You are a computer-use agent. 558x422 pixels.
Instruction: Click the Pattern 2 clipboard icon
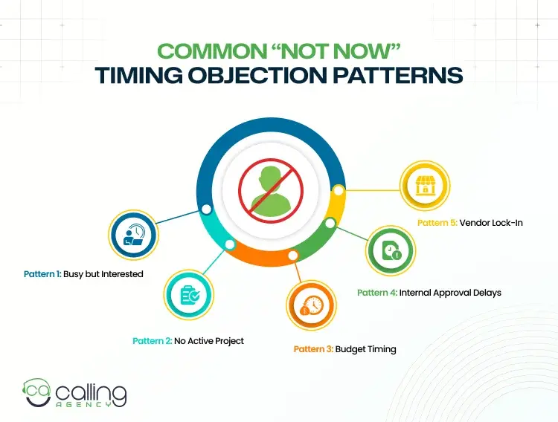189,294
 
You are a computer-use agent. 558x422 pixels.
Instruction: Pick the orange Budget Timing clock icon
311,305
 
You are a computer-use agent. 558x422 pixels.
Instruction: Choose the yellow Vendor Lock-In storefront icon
426,189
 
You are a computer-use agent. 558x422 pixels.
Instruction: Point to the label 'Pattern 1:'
42,274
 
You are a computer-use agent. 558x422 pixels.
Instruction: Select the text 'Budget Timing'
366,348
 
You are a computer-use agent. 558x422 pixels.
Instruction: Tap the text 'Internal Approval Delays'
450,293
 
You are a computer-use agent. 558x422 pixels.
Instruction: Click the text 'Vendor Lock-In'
491,222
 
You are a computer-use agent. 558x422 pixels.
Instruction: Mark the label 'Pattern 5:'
437,222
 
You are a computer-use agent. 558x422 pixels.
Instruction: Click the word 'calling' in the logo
90,392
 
